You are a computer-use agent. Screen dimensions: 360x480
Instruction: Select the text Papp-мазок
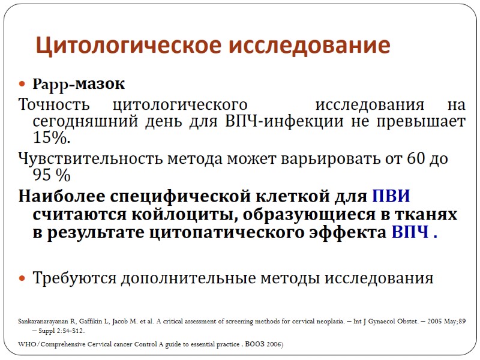click(74, 84)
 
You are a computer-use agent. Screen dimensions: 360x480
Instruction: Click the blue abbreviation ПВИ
click(391, 196)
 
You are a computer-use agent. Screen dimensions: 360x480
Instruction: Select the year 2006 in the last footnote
click(272, 344)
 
